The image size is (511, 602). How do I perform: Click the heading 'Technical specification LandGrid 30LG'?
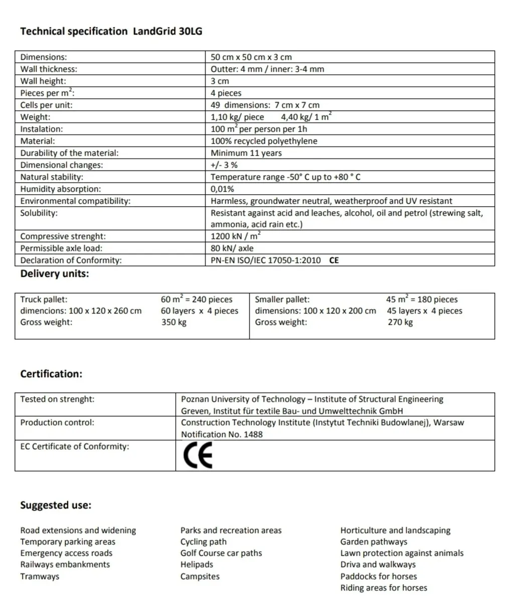coord(111,32)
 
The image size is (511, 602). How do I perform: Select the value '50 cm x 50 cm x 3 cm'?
coord(251,57)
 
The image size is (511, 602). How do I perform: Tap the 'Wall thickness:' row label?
coord(49,69)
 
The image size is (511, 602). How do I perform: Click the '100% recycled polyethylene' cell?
coord(264,141)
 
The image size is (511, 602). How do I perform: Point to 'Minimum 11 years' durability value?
coord(246,153)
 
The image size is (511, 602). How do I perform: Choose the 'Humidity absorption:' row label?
coord(60,189)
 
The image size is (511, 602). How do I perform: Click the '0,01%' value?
coord(222,189)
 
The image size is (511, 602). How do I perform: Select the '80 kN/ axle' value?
coord(232,248)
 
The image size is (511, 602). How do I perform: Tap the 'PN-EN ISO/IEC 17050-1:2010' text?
coord(266,260)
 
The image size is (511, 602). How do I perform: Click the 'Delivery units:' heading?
coord(54,274)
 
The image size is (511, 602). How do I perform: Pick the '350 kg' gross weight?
coord(174,322)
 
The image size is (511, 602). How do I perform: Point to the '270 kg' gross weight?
coord(400,322)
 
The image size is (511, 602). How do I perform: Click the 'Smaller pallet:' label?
coord(282,299)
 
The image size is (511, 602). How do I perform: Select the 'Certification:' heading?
coord(51,374)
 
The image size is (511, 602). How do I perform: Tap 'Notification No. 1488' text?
coord(222,434)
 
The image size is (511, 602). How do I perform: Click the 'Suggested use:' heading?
coord(56,505)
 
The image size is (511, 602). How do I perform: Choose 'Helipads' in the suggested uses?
coord(197,564)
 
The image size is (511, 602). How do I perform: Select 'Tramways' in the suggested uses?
coord(40,576)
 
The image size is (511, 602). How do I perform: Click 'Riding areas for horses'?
coord(384,588)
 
